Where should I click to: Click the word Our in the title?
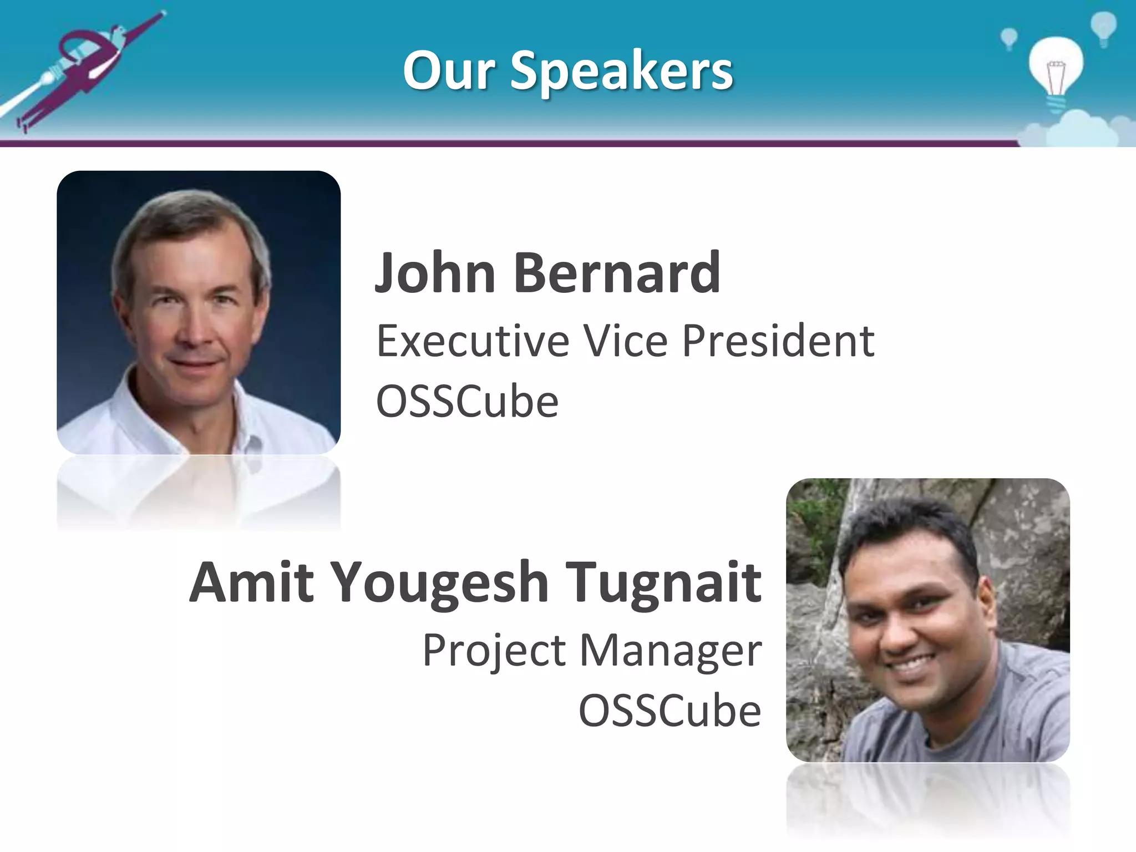coord(448,71)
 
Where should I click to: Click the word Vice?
coord(626,341)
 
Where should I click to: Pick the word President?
coord(778,341)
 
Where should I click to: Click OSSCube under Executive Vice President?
coord(467,402)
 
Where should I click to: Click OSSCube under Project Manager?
coord(670,711)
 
